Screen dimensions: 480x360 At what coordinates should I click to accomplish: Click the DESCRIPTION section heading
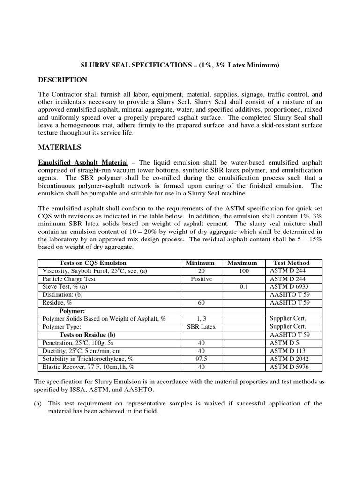pos(62,80)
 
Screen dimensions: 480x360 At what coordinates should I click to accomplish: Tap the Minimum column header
pos(200,263)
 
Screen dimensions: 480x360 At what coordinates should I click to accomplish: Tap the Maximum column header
pos(242,263)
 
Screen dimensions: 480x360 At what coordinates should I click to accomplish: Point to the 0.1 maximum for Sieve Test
pos(243,287)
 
